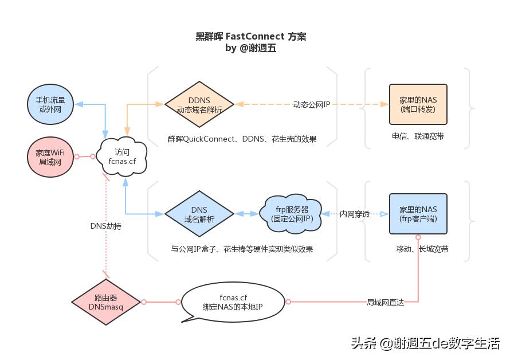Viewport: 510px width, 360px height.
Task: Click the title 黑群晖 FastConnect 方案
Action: (x=251, y=36)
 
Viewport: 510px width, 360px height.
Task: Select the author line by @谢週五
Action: (x=251, y=48)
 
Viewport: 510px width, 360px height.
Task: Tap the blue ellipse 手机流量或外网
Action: (x=50, y=104)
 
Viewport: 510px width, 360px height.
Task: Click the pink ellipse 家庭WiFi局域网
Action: (x=50, y=156)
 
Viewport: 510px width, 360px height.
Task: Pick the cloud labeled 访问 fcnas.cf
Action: (x=121, y=156)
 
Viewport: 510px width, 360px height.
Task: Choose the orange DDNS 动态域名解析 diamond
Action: (x=199, y=104)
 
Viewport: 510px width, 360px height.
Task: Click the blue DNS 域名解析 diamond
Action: (x=199, y=214)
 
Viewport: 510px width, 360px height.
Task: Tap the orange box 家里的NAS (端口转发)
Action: (x=418, y=104)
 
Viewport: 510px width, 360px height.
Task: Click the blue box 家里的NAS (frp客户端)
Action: (x=418, y=214)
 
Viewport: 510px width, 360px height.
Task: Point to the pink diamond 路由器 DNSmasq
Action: (x=106, y=302)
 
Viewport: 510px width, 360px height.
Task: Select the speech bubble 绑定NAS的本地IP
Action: (x=233, y=302)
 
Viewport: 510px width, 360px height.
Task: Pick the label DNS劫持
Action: (x=106, y=226)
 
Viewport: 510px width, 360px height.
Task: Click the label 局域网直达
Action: (x=386, y=302)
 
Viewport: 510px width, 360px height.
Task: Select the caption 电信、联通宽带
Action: (x=418, y=136)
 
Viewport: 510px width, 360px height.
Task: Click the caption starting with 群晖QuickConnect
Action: (x=242, y=139)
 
